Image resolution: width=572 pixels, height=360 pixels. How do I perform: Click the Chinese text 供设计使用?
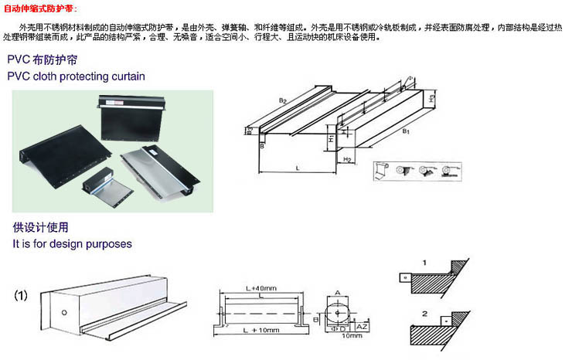pyautogui.click(x=41, y=228)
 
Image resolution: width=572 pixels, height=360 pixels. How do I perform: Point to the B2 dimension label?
pyautogui.click(x=283, y=101)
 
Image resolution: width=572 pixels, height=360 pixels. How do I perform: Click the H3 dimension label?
pyautogui.click(x=432, y=99)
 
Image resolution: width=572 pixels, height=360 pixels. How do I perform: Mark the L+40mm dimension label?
pyautogui.click(x=261, y=288)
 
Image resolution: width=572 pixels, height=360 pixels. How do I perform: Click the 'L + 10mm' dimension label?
pyautogui.click(x=258, y=331)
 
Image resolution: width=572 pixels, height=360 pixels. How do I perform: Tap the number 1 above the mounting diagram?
pyautogui.click(x=423, y=263)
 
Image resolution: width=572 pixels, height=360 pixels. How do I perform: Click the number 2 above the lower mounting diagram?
pyautogui.click(x=423, y=313)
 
